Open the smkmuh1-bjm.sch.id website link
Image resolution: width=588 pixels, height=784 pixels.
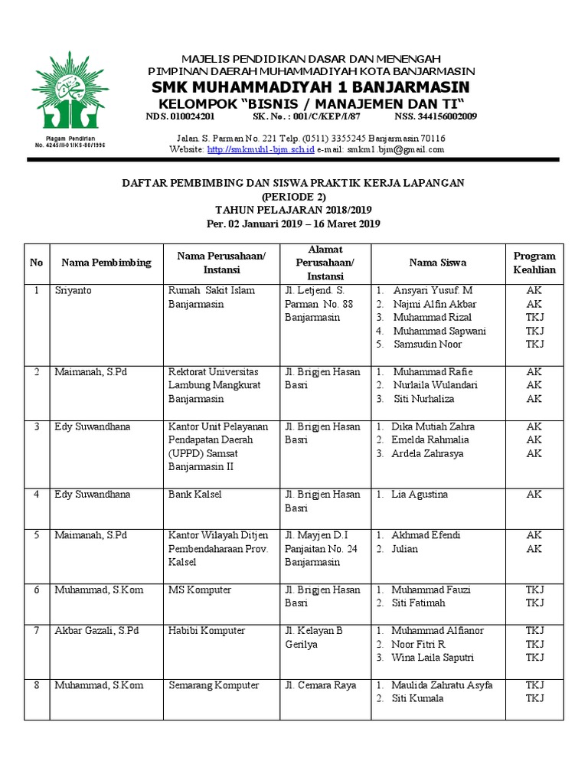point(260,150)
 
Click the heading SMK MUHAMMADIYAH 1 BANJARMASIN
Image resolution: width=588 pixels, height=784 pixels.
point(311,87)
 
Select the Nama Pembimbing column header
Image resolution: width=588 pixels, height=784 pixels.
point(106,263)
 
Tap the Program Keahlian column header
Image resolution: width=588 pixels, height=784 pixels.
point(534,263)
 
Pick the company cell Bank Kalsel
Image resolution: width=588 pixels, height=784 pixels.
point(194,495)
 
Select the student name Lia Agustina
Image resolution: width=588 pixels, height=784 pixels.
point(420,495)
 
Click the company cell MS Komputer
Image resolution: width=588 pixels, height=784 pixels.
point(199,590)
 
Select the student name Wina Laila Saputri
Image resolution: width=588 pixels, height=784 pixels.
point(433,658)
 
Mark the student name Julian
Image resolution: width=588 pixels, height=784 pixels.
point(405,549)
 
